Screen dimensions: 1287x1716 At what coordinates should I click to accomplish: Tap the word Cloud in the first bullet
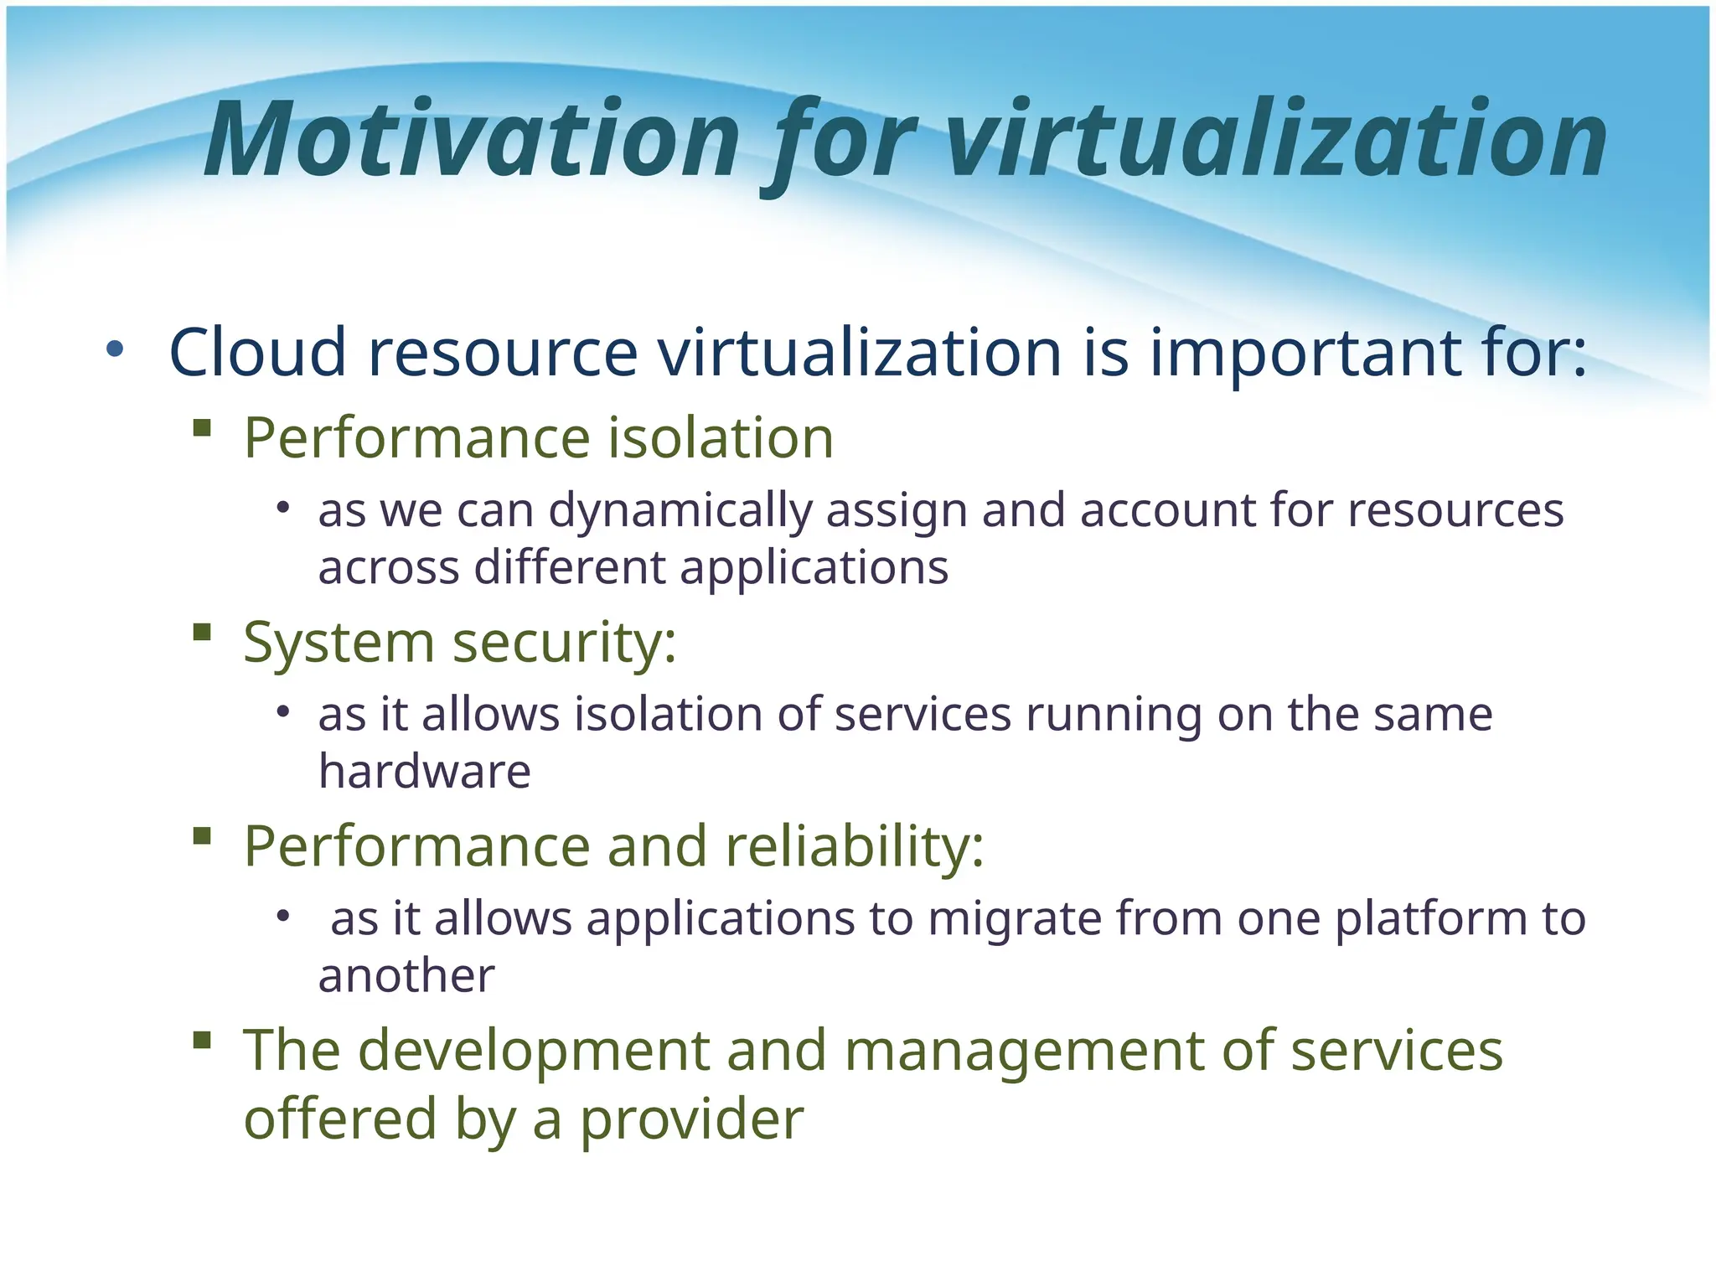[x=257, y=352]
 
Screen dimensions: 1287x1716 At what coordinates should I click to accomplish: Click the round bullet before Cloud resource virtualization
[x=115, y=349]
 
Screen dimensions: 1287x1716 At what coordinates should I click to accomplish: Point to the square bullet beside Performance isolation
[x=201, y=429]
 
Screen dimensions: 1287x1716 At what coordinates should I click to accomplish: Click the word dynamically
[x=680, y=511]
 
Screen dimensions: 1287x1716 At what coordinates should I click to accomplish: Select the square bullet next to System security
[x=201, y=632]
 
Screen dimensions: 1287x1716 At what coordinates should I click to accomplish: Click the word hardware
[x=424, y=771]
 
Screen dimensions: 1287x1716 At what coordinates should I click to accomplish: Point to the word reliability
[x=854, y=845]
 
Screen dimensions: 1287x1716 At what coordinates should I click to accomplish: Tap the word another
[x=406, y=975]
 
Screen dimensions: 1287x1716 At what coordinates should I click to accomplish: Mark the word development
[x=534, y=1051]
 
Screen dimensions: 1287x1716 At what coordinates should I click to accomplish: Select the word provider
[x=692, y=1119]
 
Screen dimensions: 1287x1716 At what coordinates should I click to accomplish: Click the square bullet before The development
[x=201, y=1040]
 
